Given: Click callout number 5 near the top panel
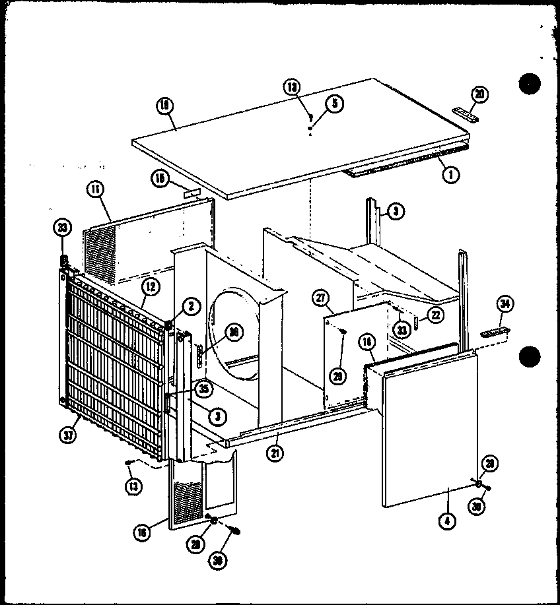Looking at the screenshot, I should tap(334, 104).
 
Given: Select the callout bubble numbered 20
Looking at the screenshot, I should tap(480, 94).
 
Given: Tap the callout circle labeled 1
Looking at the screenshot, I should tap(452, 175).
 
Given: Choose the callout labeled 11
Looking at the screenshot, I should tap(95, 190).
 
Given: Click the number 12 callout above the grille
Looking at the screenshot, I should tap(149, 286).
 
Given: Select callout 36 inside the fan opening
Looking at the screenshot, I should tap(232, 334).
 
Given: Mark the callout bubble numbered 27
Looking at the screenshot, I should tap(322, 299).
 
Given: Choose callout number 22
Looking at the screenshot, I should tap(435, 315).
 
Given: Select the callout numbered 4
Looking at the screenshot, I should tap(448, 519).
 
